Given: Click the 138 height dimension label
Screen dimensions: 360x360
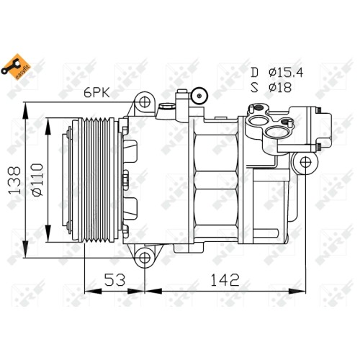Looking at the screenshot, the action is click(x=14, y=180).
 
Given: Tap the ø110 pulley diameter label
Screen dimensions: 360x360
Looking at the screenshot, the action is click(x=38, y=180).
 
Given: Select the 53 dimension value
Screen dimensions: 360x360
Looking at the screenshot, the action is click(x=114, y=279).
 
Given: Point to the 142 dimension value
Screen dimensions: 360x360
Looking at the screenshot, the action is click(x=225, y=279).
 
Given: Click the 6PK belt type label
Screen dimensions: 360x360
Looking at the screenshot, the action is click(x=96, y=92).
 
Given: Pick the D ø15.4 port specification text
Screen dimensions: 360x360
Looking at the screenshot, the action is click(x=277, y=72).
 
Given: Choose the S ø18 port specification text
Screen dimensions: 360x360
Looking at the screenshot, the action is click(x=271, y=87).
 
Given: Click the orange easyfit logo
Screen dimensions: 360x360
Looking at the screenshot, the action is click(x=16, y=67).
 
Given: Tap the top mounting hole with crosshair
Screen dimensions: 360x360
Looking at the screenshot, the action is click(x=145, y=102).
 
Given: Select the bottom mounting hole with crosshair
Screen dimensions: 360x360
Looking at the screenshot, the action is click(x=145, y=258).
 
